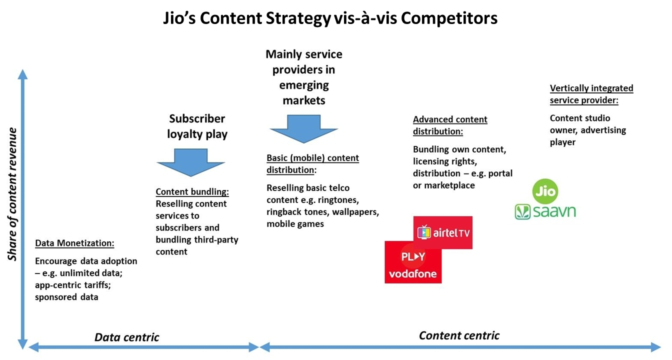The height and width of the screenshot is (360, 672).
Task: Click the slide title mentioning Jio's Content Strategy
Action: [330, 18]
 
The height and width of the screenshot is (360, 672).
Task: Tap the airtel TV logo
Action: [443, 232]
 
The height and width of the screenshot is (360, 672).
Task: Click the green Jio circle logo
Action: [544, 191]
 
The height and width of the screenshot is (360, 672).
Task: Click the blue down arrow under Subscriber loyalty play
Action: [190, 162]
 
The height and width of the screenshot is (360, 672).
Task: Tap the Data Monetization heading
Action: [74, 243]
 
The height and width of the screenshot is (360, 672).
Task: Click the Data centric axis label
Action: [127, 337]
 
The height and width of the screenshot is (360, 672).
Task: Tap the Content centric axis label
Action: [459, 335]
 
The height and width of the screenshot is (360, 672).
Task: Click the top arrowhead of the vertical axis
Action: [22, 74]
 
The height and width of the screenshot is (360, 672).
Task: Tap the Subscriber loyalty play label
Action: [197, 126]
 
